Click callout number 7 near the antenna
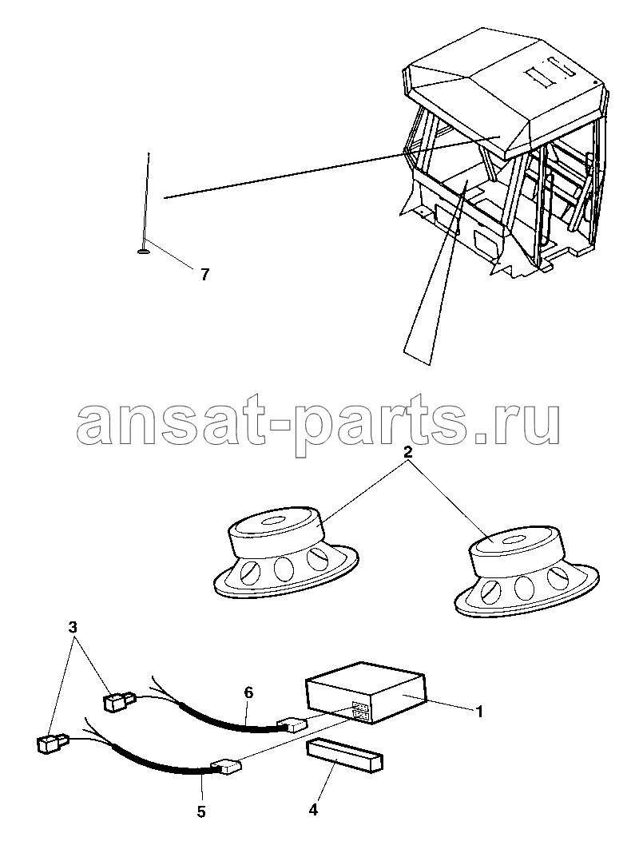(204, 275)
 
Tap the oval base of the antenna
(144, 250)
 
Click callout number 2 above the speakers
(408, 452)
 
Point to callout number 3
(73, 627)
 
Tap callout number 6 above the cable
(248, 692)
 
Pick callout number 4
(313, 809)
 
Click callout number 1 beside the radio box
(478, 712)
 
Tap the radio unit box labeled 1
(367, 692)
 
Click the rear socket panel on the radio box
(359, 711)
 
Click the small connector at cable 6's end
(291, 725)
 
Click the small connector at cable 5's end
(224, 766)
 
